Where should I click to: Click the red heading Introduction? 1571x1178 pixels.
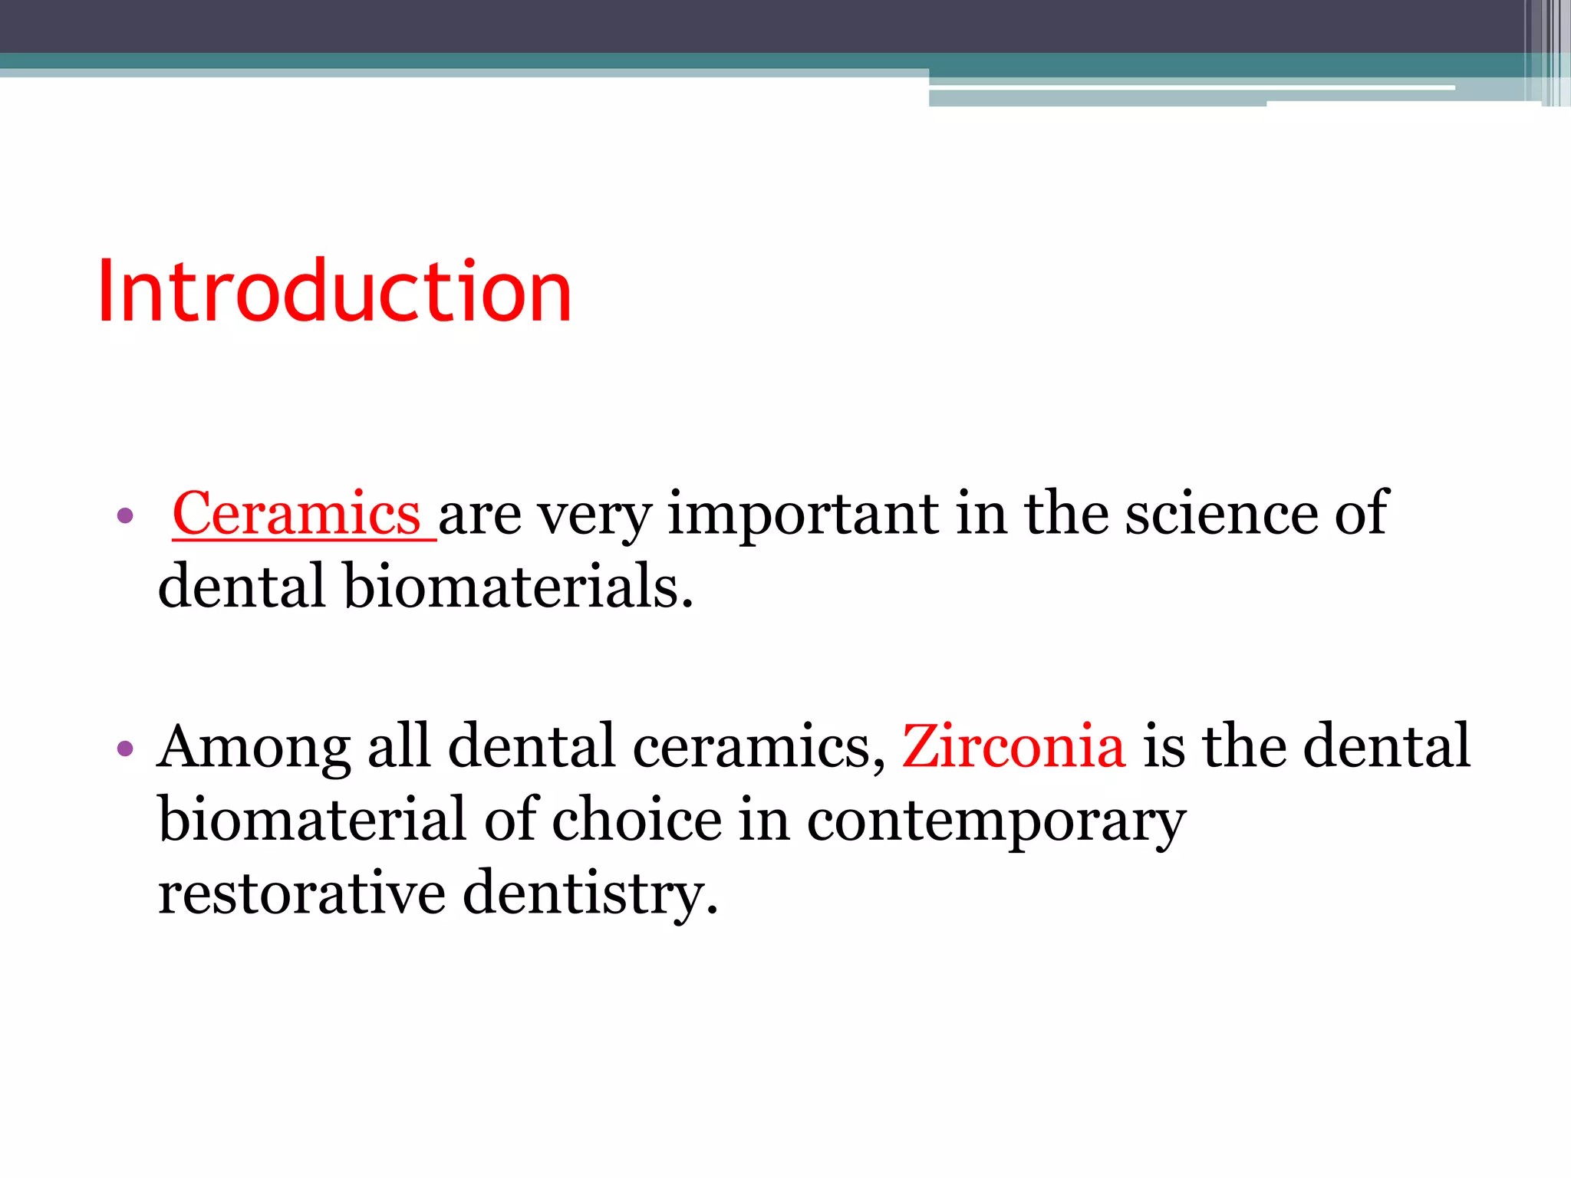tap(334, 291)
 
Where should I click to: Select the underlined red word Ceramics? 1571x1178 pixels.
tap(297, 513)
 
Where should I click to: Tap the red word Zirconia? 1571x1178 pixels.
tap(1013, 745)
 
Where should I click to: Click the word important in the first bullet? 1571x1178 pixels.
tap(802, 515)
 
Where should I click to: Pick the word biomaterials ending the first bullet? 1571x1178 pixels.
tap(518, 587)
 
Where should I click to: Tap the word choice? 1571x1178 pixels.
tap(637, 820)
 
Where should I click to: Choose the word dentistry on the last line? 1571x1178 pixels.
tap(591, 893)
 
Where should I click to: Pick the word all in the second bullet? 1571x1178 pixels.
tap(399, 745)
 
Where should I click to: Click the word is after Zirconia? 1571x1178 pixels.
tap(1163, 745)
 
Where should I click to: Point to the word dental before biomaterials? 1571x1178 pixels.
tap(241, 587)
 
